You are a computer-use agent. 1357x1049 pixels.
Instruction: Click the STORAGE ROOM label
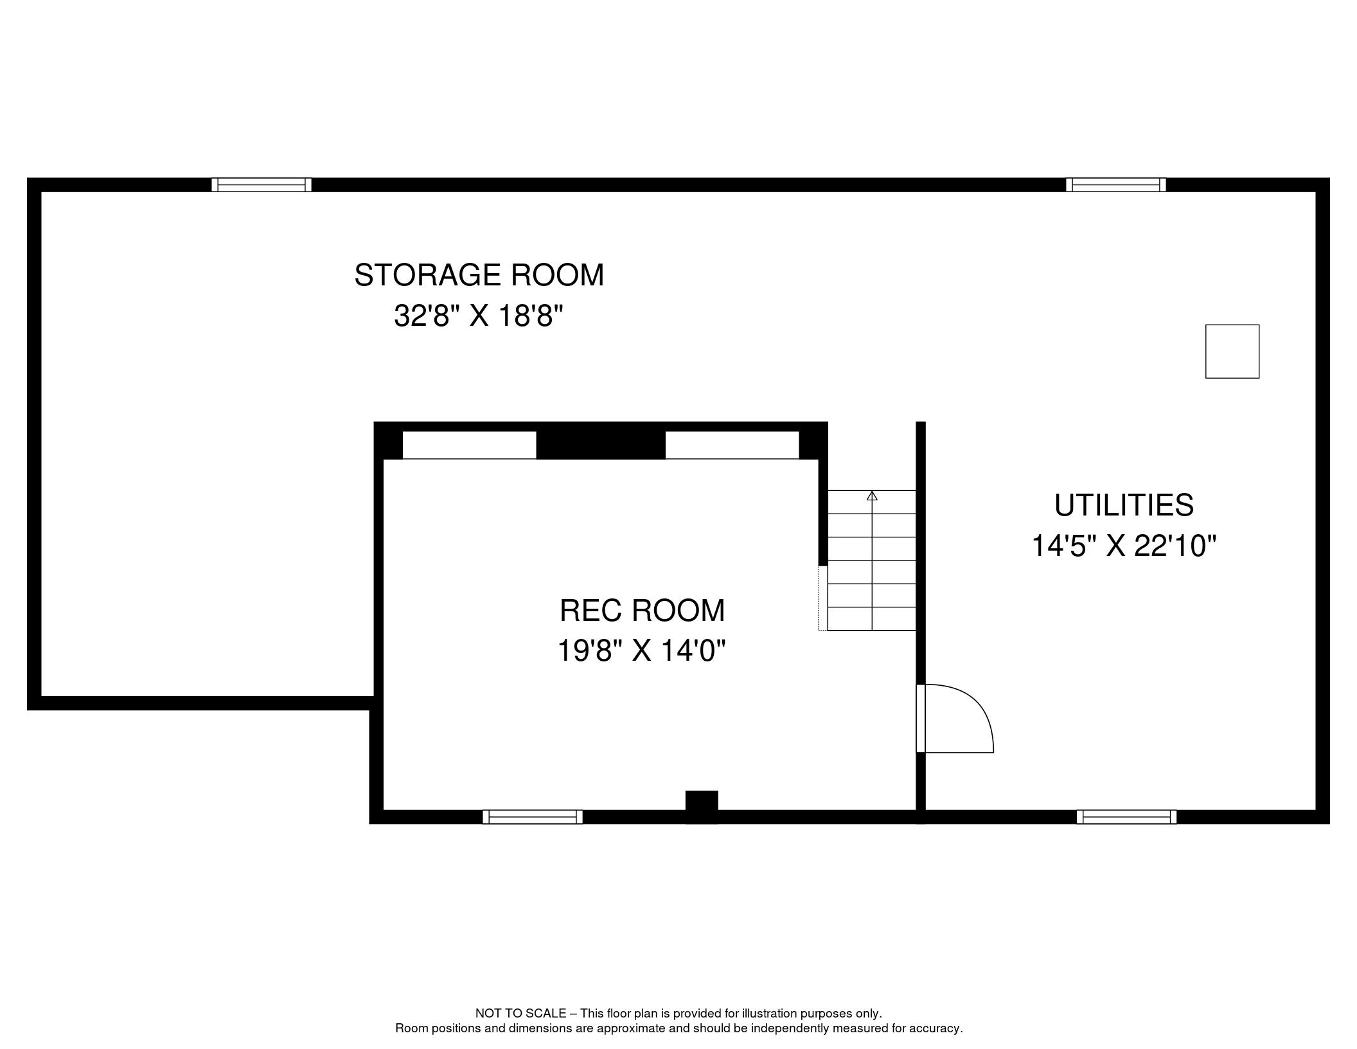tap(479, 275)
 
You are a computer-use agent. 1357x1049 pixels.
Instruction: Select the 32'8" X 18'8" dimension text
tap(479, 316)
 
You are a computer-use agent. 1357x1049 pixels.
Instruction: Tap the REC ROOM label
tap(642, 610)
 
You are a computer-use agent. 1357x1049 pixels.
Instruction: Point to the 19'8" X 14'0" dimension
tap(641, 650)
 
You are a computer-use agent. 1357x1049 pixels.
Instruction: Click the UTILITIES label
tap(1124, 505)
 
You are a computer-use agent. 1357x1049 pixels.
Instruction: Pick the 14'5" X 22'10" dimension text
tap(1124, 546)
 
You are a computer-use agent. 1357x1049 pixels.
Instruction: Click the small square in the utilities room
tap(1232, 352)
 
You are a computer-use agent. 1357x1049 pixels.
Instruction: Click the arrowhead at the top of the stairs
tap(872, 496)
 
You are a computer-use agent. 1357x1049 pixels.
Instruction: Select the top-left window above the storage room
tap(262, 185)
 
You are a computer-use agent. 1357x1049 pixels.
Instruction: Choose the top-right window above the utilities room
tap(1116, 185)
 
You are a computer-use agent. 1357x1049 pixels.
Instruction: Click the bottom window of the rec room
tap(533, 817)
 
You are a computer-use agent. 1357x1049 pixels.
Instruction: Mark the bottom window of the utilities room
tap(1127, 817)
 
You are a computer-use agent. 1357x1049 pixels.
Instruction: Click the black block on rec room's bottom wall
tap(702, 807)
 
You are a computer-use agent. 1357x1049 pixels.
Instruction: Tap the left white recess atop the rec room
tap(469, 445)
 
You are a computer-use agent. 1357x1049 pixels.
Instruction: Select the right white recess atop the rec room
tap(732, 445)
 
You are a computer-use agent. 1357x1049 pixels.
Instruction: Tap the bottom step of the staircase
tap(872, 619)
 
